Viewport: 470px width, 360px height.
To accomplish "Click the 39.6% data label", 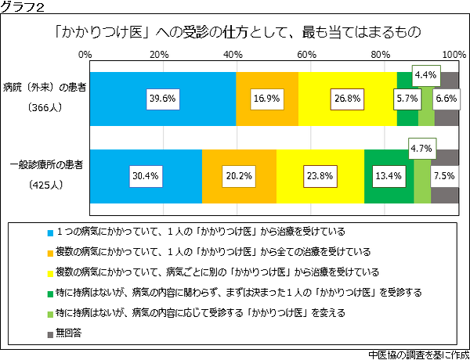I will point(163,99).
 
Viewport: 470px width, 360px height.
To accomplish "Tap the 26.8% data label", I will point(346,99).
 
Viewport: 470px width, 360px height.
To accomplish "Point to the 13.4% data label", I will point(389,176).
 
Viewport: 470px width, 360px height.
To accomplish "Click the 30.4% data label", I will point(145,176).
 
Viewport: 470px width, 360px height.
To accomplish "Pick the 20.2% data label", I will point(238,176).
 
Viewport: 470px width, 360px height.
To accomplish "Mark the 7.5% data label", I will point(444,176).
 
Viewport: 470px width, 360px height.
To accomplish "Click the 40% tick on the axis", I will point(233,54).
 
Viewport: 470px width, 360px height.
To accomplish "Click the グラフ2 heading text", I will point(22,7).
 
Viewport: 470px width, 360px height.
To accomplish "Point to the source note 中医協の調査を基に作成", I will point(416,353).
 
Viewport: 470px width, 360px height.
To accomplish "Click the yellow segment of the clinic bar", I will point(320,176).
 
